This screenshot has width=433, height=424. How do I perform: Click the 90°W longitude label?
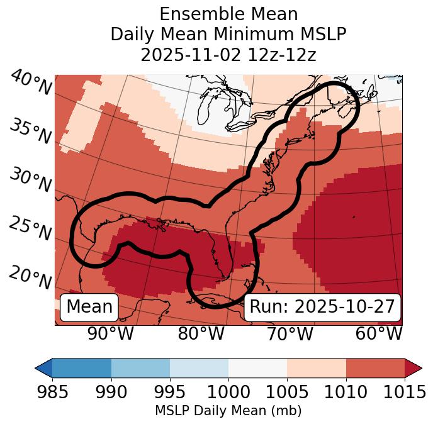[x=111, y=333]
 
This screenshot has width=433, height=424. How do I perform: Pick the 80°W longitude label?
[x=201, y=333]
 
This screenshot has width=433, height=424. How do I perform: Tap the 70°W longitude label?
[x=291, y=333]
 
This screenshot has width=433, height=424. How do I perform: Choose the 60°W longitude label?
[x=379, y=333]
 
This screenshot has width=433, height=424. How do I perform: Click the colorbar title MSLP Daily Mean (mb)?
[x=228, y=411]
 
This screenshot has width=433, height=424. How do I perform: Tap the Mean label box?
[x=89, y=307]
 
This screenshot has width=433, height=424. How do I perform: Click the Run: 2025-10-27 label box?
[x=322, y=307]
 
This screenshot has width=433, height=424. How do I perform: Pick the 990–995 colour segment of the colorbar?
[x=140, y=367]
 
